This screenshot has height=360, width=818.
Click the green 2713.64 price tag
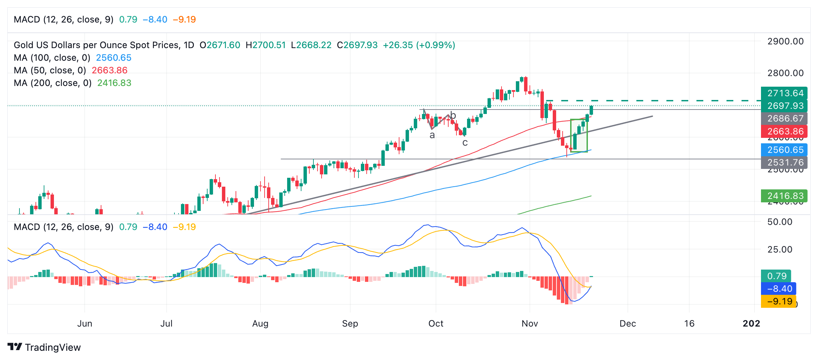784,93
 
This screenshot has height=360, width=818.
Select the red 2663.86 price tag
784,131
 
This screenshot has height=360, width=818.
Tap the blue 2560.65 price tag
784,150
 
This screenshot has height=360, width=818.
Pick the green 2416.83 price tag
784,196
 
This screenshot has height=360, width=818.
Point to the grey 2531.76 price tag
784,162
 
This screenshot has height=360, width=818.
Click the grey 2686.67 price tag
784,118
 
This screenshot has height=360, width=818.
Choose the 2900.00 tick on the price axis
785,42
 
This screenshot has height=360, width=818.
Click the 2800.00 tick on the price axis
785,73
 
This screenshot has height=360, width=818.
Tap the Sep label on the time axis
350,323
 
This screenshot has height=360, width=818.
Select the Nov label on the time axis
530,323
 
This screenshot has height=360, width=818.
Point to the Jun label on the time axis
84,323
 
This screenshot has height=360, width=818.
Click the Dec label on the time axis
627,323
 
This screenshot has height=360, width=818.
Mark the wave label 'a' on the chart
432,136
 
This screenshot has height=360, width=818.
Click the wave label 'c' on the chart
465,143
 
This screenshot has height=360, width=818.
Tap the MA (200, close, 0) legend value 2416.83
114,83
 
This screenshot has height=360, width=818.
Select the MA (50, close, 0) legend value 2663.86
109,70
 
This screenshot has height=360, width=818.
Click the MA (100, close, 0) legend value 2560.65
113,58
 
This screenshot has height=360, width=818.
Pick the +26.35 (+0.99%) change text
419,45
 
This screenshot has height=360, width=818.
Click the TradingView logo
44,347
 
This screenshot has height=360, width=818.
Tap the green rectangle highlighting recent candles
579,135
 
